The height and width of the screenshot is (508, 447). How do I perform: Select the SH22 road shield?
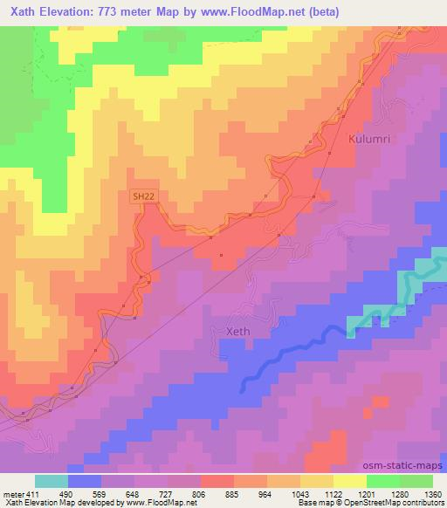pos(145,197)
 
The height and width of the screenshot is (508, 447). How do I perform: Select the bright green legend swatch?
pos(383,481)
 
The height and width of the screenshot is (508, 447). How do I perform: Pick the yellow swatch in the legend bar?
pos(350,481)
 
